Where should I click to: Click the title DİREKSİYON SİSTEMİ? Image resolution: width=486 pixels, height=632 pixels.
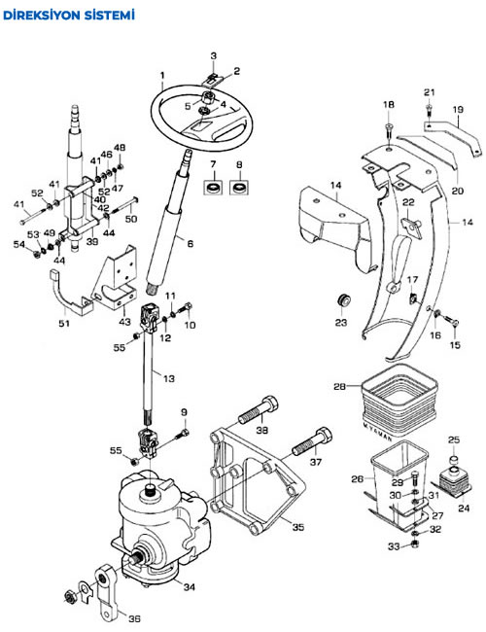click(68, 16)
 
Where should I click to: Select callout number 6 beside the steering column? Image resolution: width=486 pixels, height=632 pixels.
click(190, 243)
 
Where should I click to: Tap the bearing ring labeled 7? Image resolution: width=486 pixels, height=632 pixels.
click(213, 188)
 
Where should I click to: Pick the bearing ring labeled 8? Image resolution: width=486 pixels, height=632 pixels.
click(239, 188)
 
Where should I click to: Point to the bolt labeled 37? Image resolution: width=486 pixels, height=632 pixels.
click(312, 441)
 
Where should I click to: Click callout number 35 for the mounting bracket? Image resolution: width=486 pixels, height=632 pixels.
click(298, 526)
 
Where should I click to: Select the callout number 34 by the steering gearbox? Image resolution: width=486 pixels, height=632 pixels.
click(189, 587)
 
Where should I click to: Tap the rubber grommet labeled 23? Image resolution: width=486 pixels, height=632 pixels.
click(343, 300)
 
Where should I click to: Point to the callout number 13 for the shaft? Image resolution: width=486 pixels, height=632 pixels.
click(169, 378)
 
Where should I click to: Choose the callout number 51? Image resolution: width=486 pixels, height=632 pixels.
click(64, 323)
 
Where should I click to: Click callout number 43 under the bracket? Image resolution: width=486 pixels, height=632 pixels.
click(125, 322)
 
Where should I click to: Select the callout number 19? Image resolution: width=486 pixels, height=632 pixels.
click(458, 109)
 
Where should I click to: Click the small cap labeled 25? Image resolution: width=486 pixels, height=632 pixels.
click(454, 460)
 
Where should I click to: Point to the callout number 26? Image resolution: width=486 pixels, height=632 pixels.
click(358, 478)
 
